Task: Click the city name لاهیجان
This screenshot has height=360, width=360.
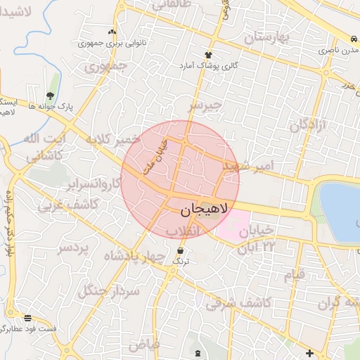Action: pyautogui.click(x=204, y=209)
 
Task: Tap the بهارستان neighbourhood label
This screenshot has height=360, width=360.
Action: pyautogui.click(x=267, y=37)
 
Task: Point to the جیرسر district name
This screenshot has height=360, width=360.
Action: pyautogui.click(x=205, y=105)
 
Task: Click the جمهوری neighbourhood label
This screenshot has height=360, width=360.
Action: pyautogui.click(x=105, y=67)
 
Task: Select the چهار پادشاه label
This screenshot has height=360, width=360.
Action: pyautogui.click(x=132, y=256)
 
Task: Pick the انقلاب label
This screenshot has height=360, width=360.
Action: pyautogui.click(x=181, y=232)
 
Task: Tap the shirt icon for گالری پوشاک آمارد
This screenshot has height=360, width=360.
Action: pyautogui.click(x=208, y=54)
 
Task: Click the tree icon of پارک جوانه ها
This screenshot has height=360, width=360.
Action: pyautogui.click(x=50, y=95)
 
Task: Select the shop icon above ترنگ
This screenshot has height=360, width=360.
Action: pyautogui.click(x=181, y=250)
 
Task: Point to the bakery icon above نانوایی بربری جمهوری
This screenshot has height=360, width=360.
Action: pyautogui.click(x=112, y=32)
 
